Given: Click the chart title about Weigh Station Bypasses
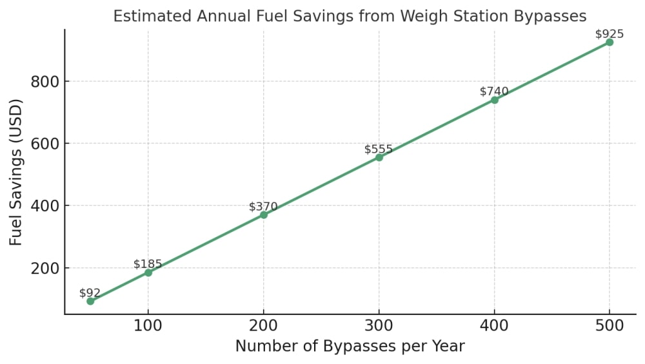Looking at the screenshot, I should coord(349,16).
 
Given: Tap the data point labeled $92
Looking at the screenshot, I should coord(90,301).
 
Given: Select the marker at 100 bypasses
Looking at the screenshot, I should coord(148,273).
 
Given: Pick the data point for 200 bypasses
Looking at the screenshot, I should coord(264,215).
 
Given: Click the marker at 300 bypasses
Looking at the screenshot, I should coord(379,157).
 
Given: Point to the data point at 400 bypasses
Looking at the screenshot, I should coord(495,100).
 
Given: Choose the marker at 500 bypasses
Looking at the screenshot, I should coord(610,43).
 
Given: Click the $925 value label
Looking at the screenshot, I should coord(609,34).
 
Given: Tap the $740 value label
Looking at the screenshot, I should coord(494,91).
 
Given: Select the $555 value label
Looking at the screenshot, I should coord(379,149).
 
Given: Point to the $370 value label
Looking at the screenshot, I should coord(263,207).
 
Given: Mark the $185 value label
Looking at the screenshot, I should coord(148,264).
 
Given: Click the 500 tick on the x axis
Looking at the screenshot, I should coord(610,325).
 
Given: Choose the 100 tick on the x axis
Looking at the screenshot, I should coord(148,325).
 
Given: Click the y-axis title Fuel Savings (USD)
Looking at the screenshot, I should coord(16,172).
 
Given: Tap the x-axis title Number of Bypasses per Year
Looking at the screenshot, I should coord(350,347).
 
